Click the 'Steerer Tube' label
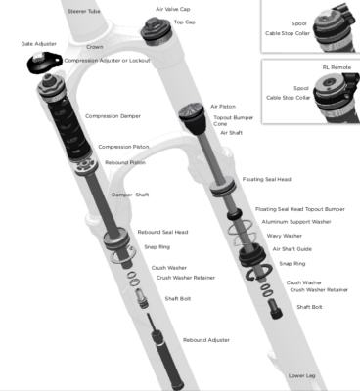pos(84,11)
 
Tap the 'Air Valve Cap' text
pos(173,9)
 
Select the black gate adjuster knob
pos(44,63)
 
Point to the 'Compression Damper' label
pos(112,116)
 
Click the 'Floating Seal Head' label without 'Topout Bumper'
pos(267,179)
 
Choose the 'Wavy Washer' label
pos(285,236)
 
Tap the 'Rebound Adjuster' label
pos(206,340)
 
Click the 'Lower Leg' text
pos(301,375)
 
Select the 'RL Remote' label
pos(337,67)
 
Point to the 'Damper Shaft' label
pos(130,195)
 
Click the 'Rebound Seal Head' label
pos(162,232)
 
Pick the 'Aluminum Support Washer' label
pos(296,222)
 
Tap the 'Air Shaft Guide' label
pos(292,249)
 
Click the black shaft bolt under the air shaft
pos(276,309)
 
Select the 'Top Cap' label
pos(185,22)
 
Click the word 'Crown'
pos(95,47)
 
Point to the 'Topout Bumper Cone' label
pos(234,120)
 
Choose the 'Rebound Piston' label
pos(125,162)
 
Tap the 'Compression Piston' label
pos(123,147)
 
